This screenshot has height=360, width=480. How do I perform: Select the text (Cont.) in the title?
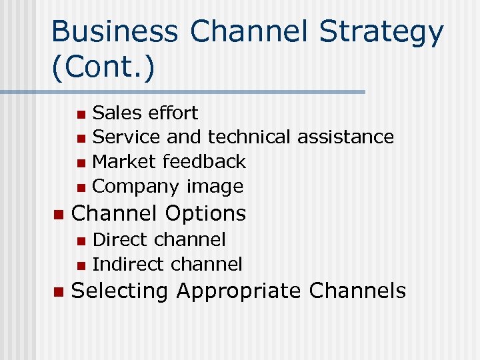coord(103,68)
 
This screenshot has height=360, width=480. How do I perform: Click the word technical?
coord(249,137)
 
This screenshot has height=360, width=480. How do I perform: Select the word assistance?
coord(345,137)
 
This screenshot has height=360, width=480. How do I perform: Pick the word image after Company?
coord(215,186)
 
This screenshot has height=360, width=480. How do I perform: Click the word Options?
coord(205,213)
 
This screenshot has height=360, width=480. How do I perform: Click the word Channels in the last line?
coord(357,291)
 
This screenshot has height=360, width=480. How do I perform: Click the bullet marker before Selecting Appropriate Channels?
coord(57,292)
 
